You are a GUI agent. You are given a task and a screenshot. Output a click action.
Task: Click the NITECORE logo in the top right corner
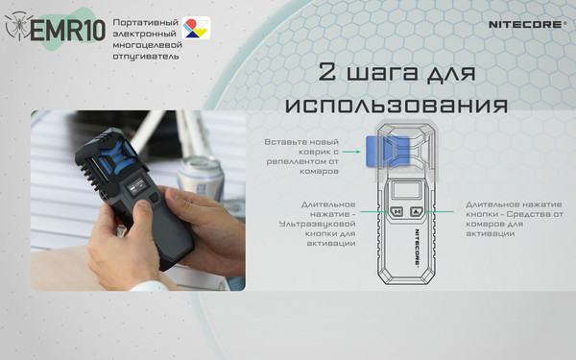[x=526, y=19]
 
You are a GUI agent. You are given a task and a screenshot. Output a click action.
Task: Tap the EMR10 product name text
[x=66, y=32]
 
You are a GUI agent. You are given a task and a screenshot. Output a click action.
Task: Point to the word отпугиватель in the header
[x=145, y=55]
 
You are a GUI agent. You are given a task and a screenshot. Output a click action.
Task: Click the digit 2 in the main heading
[x=325, y=74]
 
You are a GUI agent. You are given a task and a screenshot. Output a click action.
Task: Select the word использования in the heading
[x=395, y=103]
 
